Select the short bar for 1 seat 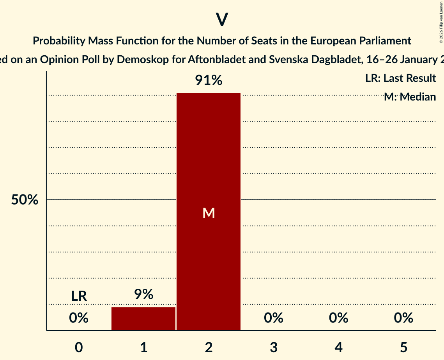(x=143, y=319)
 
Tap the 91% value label (x=209, y=81)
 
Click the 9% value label (x=143, y=295)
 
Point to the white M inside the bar (x=209, y=213)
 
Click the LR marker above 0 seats (x=79, y=296)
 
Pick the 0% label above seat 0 (x=79, y=318)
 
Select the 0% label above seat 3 (x=274, y=318)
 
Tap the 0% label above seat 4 (x=338, y=318)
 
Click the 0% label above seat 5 (x=403, y=318)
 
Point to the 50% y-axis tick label (x=25, y=200)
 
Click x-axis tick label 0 (x=79, y=347)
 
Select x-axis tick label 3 (x=274, y=347)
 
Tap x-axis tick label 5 (x=403, y=347)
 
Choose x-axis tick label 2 (x=209, y=347)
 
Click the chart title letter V (x=222, y=19)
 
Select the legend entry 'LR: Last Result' (x=400, y=78)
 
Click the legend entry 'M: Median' (x=410, y=97)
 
